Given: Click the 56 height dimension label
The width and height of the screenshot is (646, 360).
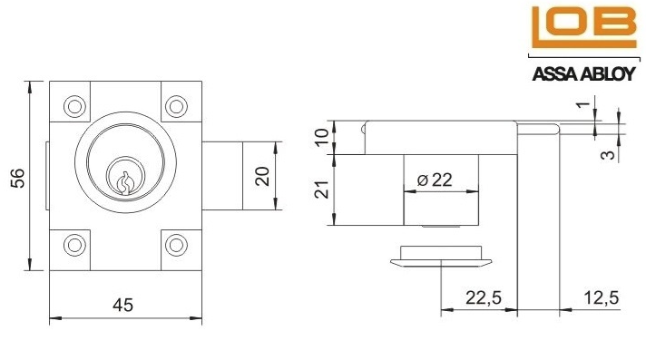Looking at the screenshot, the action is point(17,178).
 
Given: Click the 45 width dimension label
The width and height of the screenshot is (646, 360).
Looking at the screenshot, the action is point(122,306).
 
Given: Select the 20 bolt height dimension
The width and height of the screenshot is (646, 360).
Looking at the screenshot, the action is point(262,176).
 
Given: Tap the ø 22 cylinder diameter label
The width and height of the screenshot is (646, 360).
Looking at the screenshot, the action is point(435,180).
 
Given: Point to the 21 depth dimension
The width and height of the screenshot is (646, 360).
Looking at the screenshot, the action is point(323,190).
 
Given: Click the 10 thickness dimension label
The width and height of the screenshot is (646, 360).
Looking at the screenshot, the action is point(323,137).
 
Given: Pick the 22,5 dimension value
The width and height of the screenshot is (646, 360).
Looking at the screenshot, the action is point(484,297).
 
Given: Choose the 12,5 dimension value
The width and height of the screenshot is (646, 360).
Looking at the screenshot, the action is point(602,297).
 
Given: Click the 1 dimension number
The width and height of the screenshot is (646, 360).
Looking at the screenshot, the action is point(583,103).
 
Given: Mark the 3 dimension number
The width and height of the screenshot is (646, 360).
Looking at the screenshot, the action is point(608,154).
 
